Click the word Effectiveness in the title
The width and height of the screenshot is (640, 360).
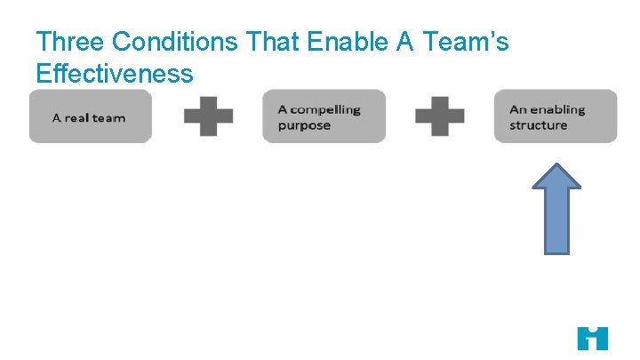click(114, 73)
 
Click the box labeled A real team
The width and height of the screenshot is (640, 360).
click(91, 116)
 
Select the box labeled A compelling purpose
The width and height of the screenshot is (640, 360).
click(324, 116)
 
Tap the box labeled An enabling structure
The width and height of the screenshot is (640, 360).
click(556, 116)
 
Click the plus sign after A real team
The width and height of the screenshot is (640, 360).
click(208, 116)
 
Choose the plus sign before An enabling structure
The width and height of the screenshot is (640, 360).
click(440, 116)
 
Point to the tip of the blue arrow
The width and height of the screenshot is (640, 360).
click(556, 164)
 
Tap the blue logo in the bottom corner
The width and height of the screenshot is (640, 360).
click(592, 338)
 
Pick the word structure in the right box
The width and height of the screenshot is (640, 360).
click(538, 125)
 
